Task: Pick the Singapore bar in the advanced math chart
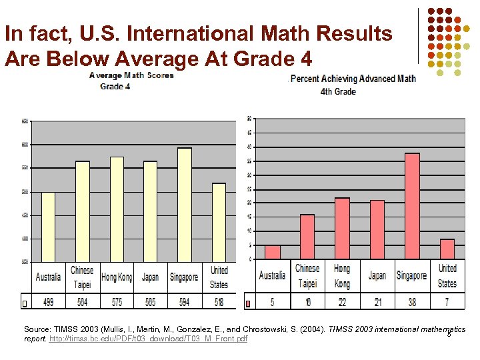click(412, 206)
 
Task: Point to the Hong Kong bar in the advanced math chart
click(342, 228)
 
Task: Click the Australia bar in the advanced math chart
click(272, 252)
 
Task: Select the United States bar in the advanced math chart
click(447, 249)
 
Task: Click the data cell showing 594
click(184, 302)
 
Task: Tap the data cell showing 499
click(48, 302)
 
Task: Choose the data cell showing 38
click(412, 302)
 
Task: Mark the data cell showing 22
click(342, 302)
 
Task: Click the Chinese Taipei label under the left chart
click(82, 277)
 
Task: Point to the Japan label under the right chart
click(377, 275)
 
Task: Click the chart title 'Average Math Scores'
click(131, 75)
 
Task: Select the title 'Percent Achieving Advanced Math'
click(353, 79)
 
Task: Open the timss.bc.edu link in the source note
click(148, 339)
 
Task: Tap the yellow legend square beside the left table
click(25, 303)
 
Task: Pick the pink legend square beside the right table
click(249, 303)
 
